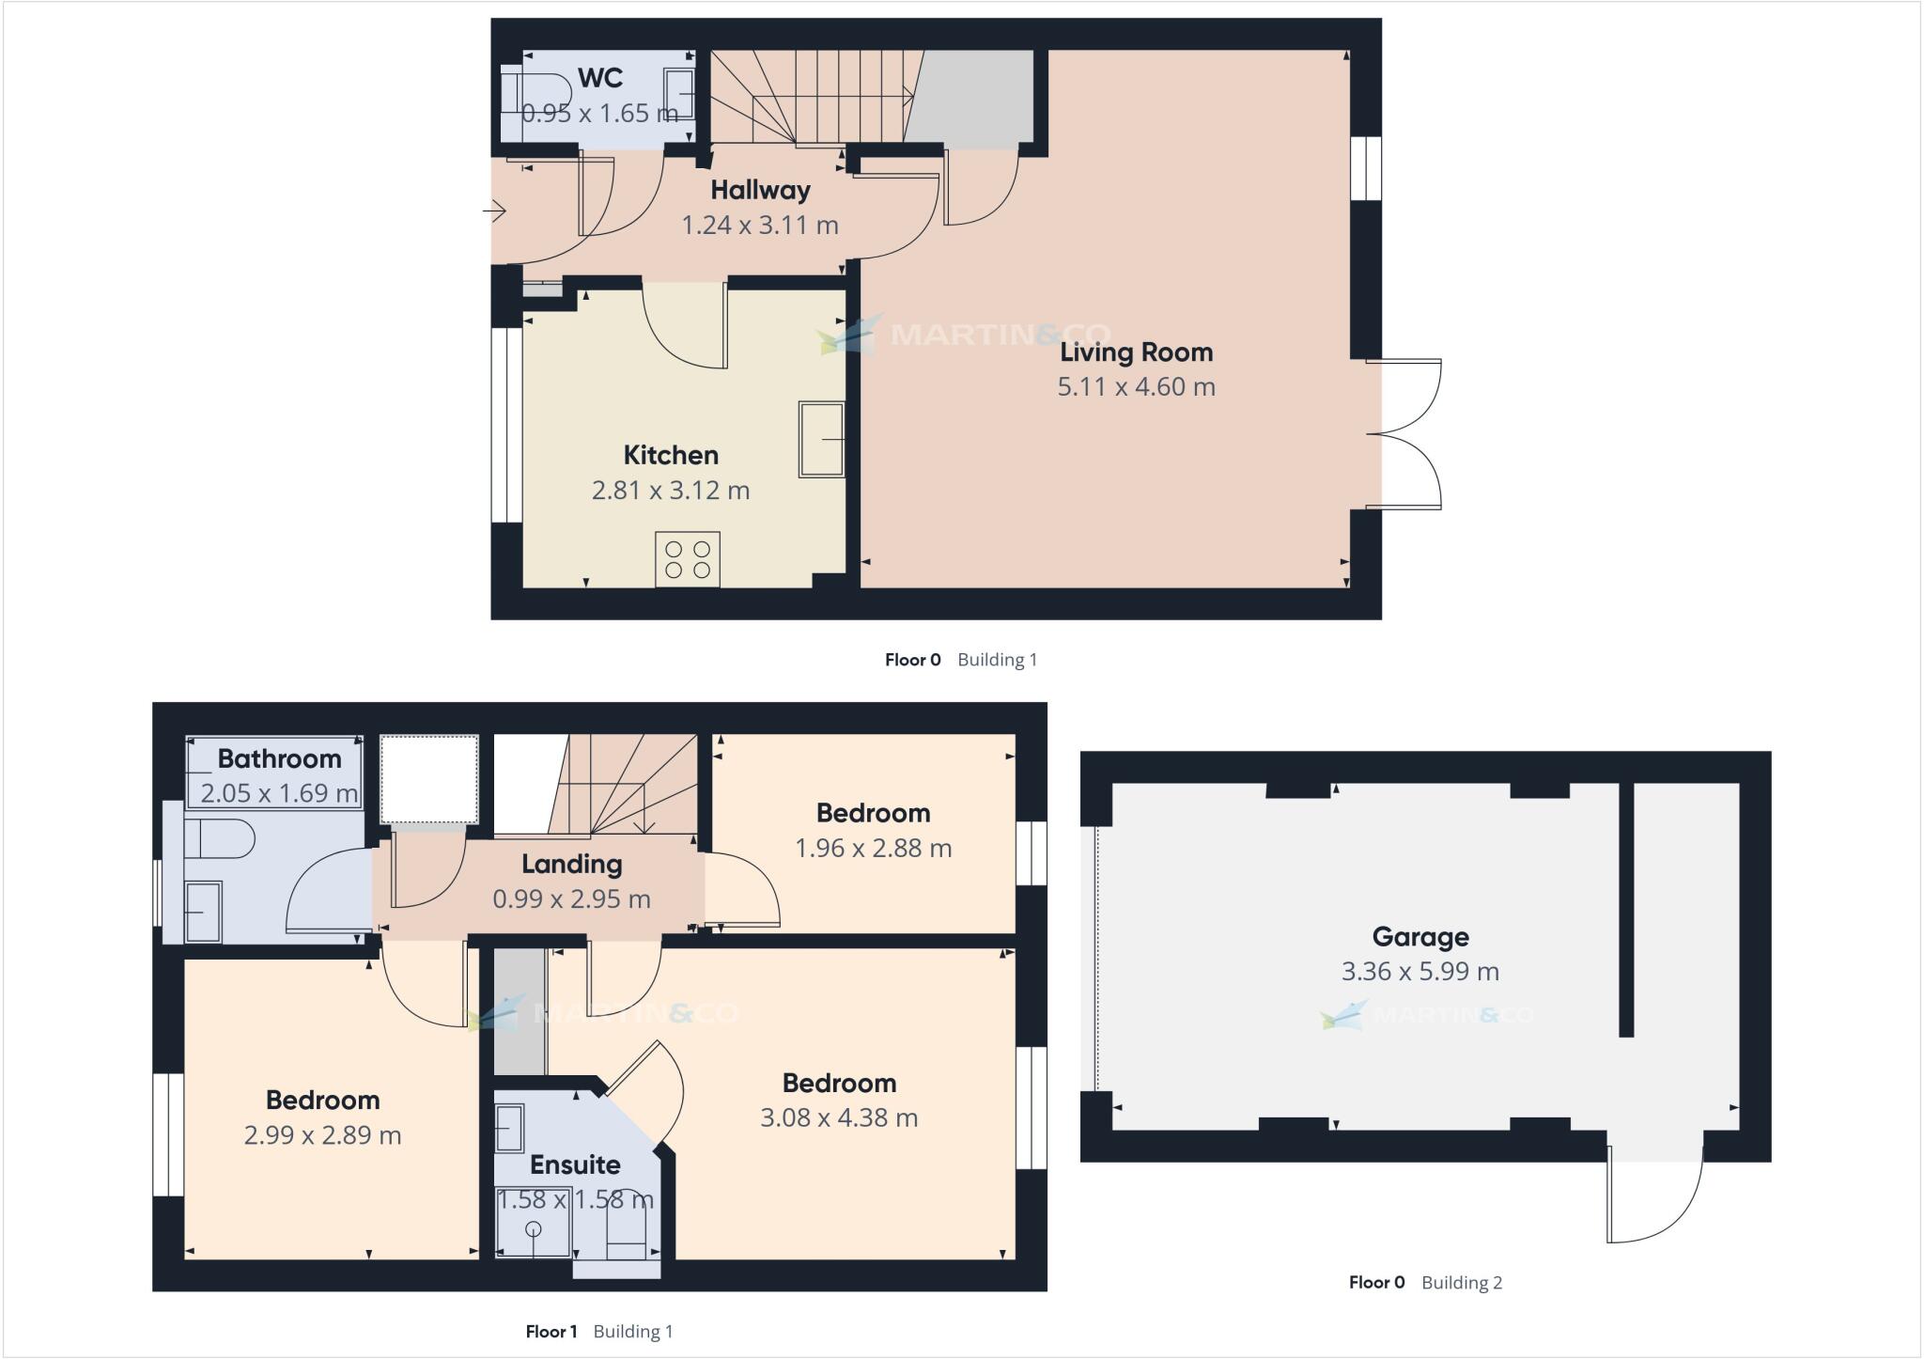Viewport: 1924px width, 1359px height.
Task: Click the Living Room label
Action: click(x=1136, y=352)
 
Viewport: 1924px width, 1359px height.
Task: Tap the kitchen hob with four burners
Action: click(x=688, y=559)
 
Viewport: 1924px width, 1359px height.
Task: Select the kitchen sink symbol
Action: click(x=821, y=439)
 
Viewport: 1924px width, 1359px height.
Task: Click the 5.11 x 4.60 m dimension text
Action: click(x=1136, y=387)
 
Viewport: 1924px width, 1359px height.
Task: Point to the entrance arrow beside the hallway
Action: click(x=495, y=211)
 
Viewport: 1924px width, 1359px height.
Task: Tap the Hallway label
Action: click(x=760, y=190)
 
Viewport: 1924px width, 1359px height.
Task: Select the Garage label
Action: click(x=1420, y=937)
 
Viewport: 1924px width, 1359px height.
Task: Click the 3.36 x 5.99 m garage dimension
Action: click(x=1420, y=972)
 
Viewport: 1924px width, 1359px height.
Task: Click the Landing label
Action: click(x=571, y=864)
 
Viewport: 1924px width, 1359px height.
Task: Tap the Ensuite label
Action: click(x=575, y=1165)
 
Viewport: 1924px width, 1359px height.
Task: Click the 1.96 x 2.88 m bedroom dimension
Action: click(x=873, y=849)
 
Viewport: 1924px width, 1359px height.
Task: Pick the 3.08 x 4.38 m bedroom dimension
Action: click(x=838, y=1118)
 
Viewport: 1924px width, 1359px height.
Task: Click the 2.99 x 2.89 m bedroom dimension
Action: click(x=322, y=1136)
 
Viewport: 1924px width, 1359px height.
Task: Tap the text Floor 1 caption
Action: click(x=551, y=1332)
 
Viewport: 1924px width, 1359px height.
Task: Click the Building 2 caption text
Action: click(x=1462, y=1283)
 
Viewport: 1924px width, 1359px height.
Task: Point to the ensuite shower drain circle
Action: click(x=534, y=1229)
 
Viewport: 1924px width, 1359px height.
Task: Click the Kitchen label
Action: click(x=671, y=456)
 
